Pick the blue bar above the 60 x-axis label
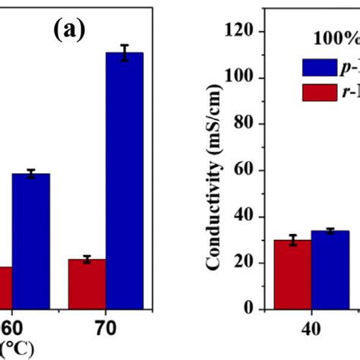pos(30,240)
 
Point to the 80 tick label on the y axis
pos(248,124)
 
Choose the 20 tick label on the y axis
pos(248,263)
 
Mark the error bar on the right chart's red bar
pos(291,240)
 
